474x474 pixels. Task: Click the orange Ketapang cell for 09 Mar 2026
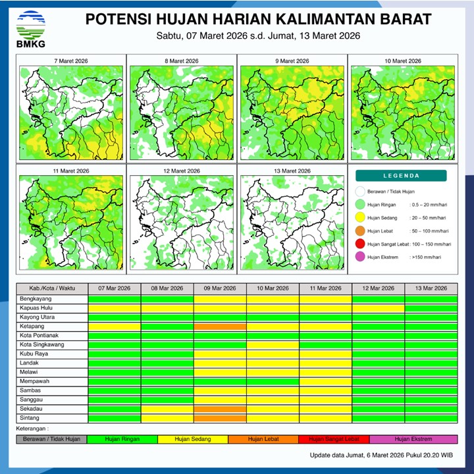tap(220, 326)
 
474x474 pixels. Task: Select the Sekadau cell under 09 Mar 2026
tap(220, 409)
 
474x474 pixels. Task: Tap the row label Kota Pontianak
tap(41, 335)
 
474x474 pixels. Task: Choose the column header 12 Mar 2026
tap(378, 289)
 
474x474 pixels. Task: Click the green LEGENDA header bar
tap(401, 176)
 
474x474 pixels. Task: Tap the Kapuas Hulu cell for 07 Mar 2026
tap(115, 307)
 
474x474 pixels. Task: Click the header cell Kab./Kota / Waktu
tap(52, 289)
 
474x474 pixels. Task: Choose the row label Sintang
tap(30, 418)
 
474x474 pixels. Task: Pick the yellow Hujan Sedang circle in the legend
tap(360, 218)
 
